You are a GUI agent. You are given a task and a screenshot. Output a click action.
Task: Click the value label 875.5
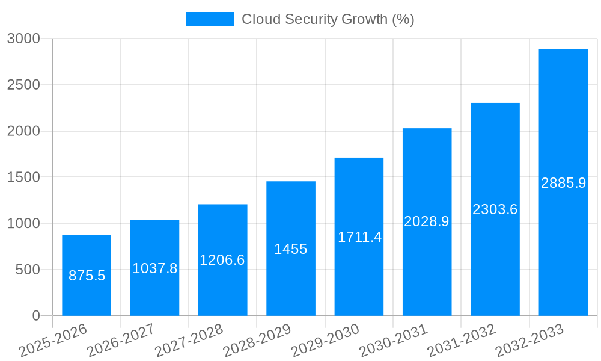click(87, 276)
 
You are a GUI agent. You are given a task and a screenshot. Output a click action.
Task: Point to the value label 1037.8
click(154, 268)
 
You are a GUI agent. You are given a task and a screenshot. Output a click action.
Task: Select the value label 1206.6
click(222, 260)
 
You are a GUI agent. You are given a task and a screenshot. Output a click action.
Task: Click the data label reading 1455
click(291, 249)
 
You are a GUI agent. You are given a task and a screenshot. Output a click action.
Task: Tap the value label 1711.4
click(359, 237)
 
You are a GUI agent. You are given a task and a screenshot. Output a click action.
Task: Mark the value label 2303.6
click(495, 209)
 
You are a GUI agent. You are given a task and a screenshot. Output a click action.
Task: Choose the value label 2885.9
click(563, 183)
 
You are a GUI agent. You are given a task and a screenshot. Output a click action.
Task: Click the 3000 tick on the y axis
click(23, 39)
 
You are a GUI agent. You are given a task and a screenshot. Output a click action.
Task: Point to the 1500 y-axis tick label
click(23, 177)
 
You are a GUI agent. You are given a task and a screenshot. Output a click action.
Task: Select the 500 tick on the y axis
click(28, 270)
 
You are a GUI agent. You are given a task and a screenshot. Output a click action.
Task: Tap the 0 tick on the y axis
click(35, 316)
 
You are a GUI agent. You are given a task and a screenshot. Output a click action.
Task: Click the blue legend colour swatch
click(210, 19)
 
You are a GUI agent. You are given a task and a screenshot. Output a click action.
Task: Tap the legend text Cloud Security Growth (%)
click(328, 19)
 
